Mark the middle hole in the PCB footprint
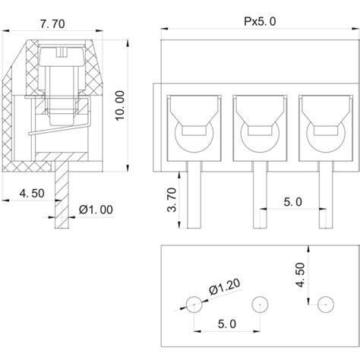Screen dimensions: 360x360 pyautogui.click(x=259, y=304)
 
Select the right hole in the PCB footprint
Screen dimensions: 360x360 pyautogui.click(x=326, y=304)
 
